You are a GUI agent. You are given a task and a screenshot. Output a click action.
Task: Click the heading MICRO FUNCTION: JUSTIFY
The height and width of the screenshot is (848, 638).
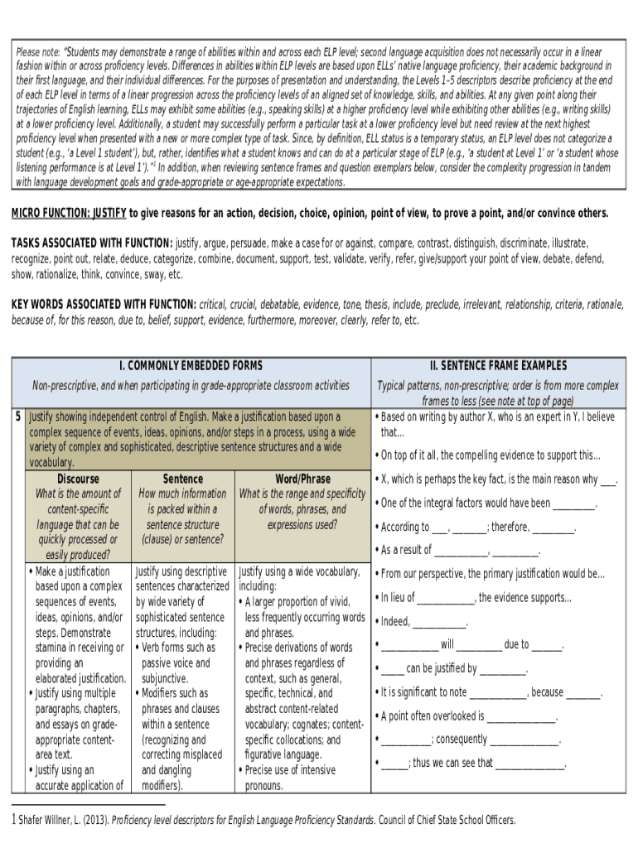point(69,214)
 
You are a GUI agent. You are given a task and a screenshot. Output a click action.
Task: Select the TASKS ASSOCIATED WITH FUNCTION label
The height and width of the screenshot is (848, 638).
point(92,243)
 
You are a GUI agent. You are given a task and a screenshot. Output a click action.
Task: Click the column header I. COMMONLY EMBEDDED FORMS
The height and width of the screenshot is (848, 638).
point(191,365)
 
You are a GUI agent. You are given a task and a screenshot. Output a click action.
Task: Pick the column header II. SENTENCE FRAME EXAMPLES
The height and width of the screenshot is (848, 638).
point(498,365)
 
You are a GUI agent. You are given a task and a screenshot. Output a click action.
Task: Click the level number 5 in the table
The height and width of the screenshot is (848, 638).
point(18,417)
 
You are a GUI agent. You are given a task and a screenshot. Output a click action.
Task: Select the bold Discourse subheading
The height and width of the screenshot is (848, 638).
point(78,479)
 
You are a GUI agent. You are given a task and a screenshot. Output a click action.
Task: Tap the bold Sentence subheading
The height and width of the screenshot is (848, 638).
point(183,479)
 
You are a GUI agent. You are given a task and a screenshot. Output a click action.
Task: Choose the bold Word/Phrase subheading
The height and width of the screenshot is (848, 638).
point(302,479)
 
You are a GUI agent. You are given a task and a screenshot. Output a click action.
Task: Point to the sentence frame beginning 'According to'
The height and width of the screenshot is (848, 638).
point(476,527)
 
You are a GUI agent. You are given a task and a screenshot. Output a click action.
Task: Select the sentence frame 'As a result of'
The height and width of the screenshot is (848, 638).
point(460,550)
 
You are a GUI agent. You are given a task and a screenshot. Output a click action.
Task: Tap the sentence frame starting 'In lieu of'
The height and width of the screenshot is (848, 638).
point(476,598)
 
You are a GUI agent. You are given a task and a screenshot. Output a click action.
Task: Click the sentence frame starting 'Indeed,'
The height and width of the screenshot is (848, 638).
point(423,622)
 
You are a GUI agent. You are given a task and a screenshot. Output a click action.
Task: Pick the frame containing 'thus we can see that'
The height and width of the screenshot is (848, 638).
point(473,764)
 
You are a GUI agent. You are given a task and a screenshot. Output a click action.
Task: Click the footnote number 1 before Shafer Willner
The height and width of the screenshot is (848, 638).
point(12,821)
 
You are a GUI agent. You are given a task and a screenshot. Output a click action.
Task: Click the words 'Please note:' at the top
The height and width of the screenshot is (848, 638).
point(39,52)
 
